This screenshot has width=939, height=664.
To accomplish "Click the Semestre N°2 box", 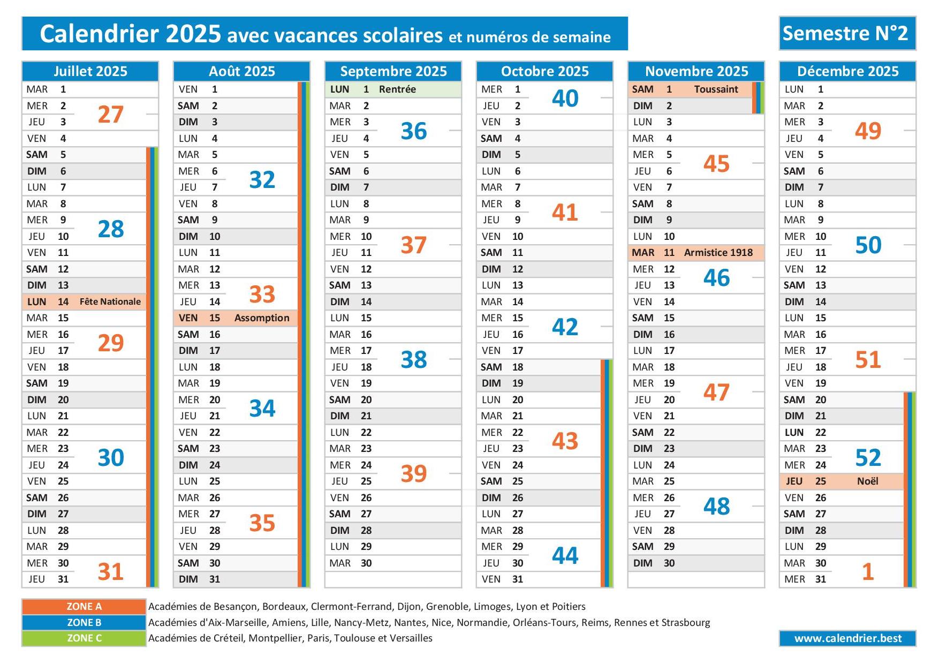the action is point(847,33).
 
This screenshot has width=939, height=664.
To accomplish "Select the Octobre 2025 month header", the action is point(544,71).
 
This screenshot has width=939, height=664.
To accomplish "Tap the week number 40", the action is point(565,98).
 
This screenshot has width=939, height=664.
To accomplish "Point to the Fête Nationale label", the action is point(110,301).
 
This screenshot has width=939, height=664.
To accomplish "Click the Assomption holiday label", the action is point(262,318).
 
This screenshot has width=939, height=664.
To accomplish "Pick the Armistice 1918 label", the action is point(718,252).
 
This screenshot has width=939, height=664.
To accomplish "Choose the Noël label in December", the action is point(867,481).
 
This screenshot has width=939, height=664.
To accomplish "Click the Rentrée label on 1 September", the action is point(397,89).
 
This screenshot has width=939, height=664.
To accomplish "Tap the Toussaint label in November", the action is point(716,89).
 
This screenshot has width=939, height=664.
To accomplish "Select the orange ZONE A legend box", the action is point(84,606).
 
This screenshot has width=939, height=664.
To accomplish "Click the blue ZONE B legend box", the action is point(84,622).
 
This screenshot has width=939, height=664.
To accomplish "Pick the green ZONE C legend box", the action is point(84,638).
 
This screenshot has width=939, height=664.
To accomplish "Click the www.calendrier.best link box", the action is point(847,638).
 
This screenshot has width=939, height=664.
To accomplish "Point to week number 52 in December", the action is point(868,457).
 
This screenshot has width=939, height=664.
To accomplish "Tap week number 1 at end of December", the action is point(868,571).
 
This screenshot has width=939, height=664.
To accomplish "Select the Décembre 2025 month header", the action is point(847,71).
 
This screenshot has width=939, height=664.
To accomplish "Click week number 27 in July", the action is point(111,114).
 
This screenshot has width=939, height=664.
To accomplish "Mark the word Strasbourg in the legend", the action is point(686,623).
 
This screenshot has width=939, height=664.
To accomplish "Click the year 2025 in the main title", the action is point(193,33).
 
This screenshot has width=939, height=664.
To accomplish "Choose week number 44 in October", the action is point(565,555).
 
